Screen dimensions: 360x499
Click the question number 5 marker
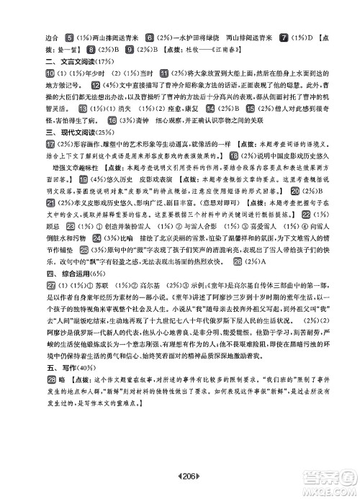pyautogui.click(x=68, y=37)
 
